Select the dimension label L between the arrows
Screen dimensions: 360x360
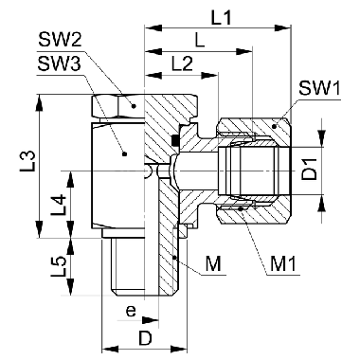(x=197, y=41)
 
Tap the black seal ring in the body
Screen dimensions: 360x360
(x=178, y=142)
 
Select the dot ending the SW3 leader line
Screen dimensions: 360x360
(x=123, y=150)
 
